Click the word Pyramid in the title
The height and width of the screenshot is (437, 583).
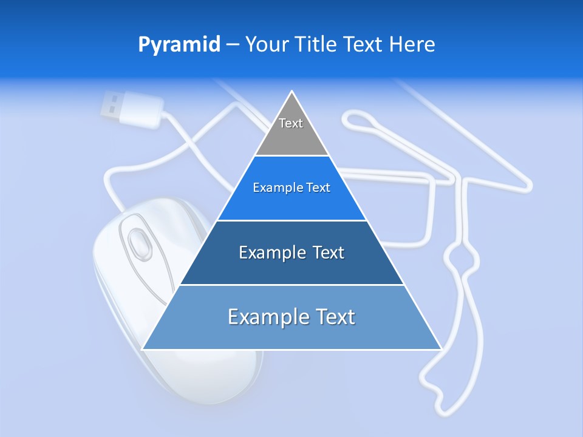(x=179, y=45)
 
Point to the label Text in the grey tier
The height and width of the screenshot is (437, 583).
(x=291, y=123)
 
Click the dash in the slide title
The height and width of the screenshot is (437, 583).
(x=232, y=45)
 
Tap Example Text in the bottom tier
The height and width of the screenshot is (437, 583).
(x=291, y=317)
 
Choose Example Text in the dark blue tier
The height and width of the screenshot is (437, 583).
(x=291, y=252)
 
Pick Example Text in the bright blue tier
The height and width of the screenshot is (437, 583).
(x=291, y=188)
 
